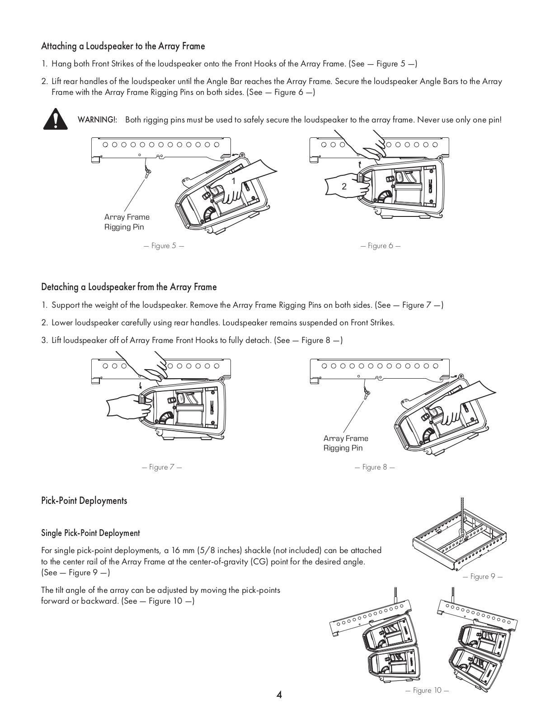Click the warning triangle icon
pos(55,119)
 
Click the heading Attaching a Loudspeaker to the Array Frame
pos(123,46)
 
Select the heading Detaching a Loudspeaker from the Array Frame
pos(129,287)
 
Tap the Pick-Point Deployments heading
pos(84,501)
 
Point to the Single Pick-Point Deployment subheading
pos(90,533)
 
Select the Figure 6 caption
pos(380,246)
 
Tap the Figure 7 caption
pos(162,467)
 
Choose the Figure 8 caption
pos(375,467)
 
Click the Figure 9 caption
pos(483,576)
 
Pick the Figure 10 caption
pos(427,690)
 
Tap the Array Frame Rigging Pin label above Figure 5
pos(127,222)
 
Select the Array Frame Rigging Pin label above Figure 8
pos(346,443)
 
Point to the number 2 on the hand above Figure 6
pos(344,186)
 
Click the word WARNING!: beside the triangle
pos(98,120)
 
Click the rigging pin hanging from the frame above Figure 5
pos(147,172)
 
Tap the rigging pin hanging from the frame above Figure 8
pos(366,393)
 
